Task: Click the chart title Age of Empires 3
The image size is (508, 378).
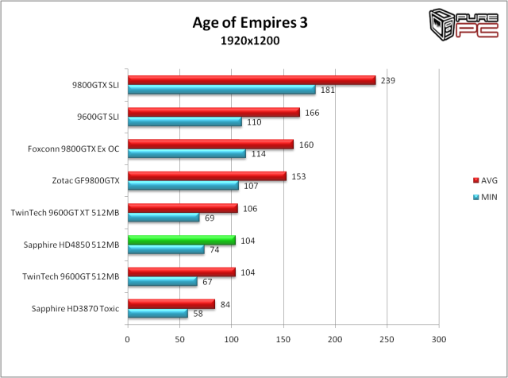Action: pyautogui.click(x=249, y=22)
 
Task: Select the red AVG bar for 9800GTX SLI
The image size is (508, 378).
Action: pyautogui.click(x=251, y=80)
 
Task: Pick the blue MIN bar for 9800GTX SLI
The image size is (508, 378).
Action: pyautogui.click(x=221, y=90)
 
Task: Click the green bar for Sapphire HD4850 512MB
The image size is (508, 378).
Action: pyautogui.click(x=181, y=240)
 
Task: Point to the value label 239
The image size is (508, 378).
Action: pyautogui.click(x=387, y=80)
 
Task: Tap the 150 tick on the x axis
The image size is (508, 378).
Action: pyautogui.click(x=283, y=340)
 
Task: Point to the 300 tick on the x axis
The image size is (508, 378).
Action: pyautogui.click(x=439, y=340)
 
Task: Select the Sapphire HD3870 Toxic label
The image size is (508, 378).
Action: pyautogui.click(x=76, y=308)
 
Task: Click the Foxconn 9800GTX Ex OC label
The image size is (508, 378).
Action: pyautogui.click(x=75, y=148)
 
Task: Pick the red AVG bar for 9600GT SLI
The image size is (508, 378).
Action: pyautogui.click(x=214, y=112)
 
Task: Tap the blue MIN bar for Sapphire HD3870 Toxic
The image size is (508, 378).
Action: pyautogui.click(x=157, y=314)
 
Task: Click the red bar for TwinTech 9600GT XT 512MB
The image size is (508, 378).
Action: pyautogui.click(x=183, y=208)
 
